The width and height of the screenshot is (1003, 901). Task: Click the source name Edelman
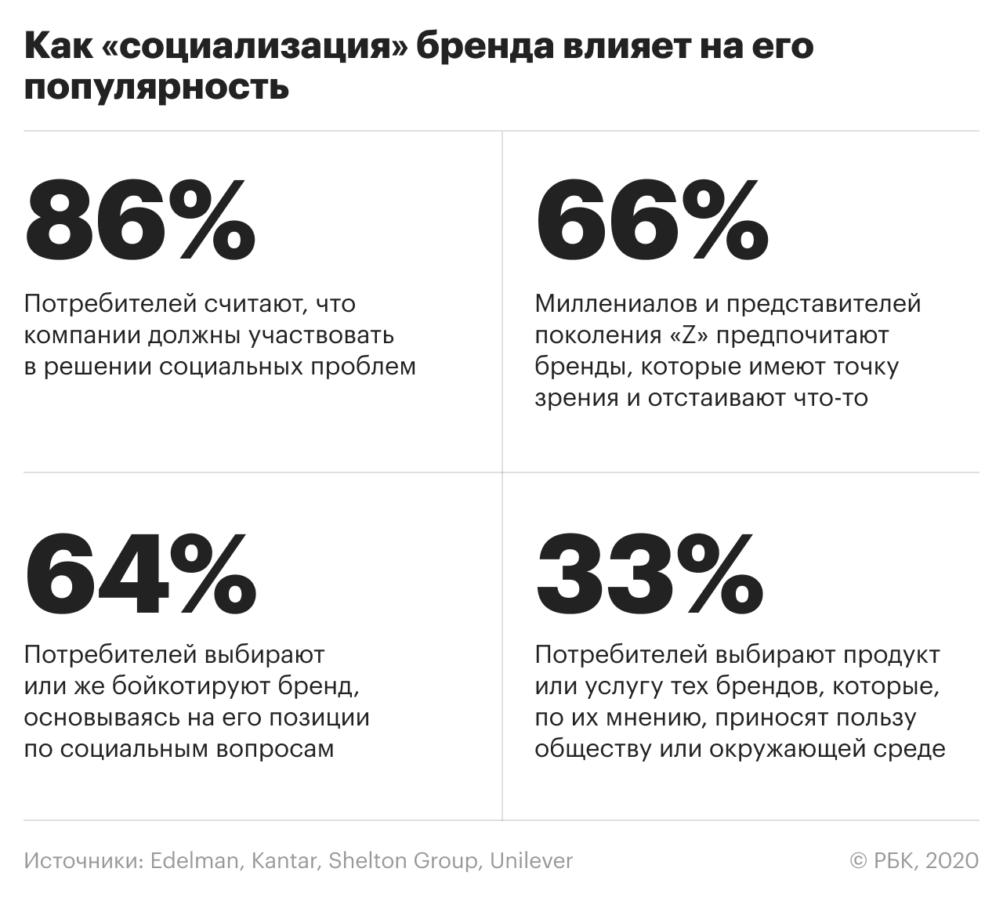194,860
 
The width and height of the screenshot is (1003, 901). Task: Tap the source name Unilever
531,860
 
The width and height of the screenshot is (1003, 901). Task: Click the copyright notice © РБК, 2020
914,860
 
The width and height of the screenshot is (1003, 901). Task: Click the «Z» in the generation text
690,335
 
